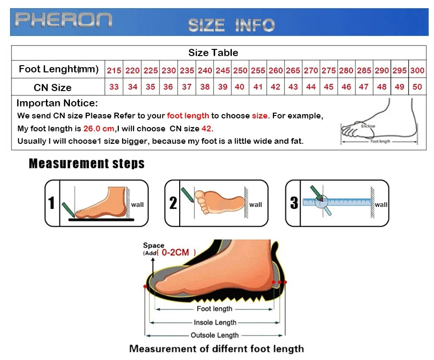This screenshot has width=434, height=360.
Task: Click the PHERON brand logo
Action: tap(63, 20)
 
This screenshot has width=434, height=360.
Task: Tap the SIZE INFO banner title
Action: tap(231, 25)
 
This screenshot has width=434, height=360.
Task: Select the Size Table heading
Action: tap(213, 53)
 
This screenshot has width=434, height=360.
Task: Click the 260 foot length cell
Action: tap(275, 70)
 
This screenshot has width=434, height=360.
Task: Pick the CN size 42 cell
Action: tap(275, 87)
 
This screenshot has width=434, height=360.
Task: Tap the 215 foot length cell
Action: tap(114, 70)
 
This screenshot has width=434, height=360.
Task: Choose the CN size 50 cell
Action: tap(417, 87)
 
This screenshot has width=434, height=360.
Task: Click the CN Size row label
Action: tap(53, 87)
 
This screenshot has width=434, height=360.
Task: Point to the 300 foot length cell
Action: tap(417, 70)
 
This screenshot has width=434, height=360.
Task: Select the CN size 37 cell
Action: tap(187, 87)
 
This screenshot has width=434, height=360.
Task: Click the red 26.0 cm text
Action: tap(99, 128)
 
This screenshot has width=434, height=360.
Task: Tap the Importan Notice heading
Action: tap(57, 103)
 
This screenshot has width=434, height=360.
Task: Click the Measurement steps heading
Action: tap(87, 163)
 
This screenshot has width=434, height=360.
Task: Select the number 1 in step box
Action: tap(52, 203)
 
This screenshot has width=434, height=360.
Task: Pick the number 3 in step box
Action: tap(294, 203)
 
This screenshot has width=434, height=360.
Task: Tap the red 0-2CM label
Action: tap(175, 252)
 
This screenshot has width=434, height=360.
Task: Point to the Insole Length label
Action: tap(215, 323)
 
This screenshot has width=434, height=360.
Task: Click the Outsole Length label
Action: tap(215, 335)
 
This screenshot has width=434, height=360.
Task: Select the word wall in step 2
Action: tap(256, 205)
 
